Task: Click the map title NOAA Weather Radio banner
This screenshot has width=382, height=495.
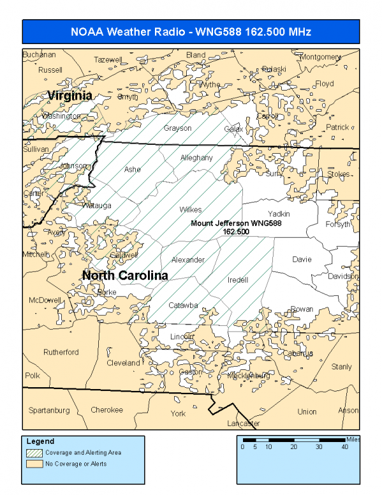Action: pyautogui.click(x=191, y=31)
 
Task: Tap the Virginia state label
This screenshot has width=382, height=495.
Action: pyautogui.click(x=70, y=95)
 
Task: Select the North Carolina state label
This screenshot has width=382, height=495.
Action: pyautogui.click(x=125, y=276)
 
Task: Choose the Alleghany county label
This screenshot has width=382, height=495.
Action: pyautogui.click(x=196, y=158)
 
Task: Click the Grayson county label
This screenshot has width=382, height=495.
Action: pyautogui.click(x=177, y=128)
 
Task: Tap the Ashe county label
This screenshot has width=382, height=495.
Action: pyautogui.click(x=132, y=170)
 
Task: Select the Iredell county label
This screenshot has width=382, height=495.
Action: pyautogui.click(x=238, y=280)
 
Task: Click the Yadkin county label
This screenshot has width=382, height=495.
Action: pyautogui.click(x=279, y=214)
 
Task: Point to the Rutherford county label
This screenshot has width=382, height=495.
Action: pyautogui.click(x=61, y=352)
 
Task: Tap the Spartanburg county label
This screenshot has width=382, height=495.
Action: pyautogui.click(x=48, y=410)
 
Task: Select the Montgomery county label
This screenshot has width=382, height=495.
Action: pyautogui.click(x=320, y=57)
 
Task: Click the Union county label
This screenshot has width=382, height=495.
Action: pyautogui.click(x=307, y=411)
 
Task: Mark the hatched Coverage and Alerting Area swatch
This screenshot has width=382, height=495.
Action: pyautogui.click(x=34, y=452)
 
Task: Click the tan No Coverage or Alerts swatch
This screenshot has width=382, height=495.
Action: pyautogui.click(x=34, y=464)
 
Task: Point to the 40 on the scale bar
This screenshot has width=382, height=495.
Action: pyautogui.click(x=344, y=447)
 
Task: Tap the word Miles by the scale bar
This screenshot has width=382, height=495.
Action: pyautogui.click(x=353, y=440)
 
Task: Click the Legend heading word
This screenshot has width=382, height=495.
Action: pyautogui.click(x=40, y=441)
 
